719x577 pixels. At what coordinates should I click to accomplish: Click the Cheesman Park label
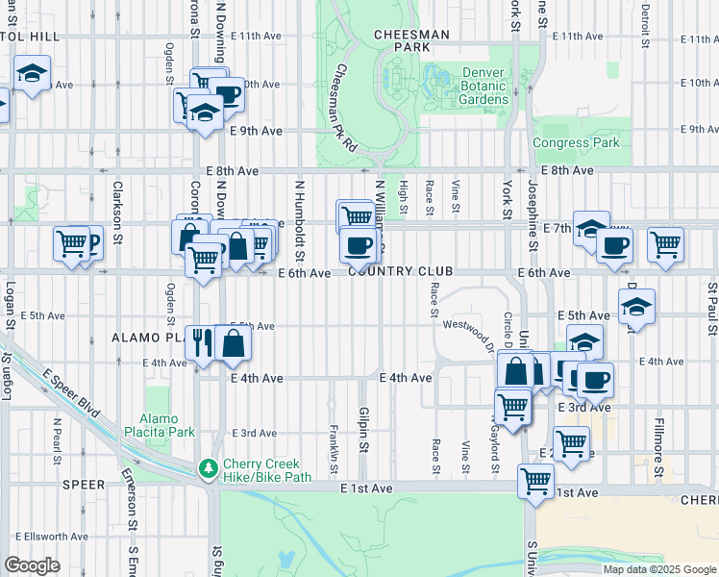click(411, 40)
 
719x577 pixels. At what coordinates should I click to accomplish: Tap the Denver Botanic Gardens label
click(470, 87)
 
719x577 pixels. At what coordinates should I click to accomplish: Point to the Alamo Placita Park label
click(167, 425)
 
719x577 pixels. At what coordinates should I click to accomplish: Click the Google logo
click(32, 565)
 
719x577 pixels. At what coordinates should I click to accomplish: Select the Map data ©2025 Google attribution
click(658, 569)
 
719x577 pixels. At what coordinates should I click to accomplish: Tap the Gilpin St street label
click(364, 428)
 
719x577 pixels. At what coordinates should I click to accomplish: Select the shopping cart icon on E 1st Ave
click(534, 480)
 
